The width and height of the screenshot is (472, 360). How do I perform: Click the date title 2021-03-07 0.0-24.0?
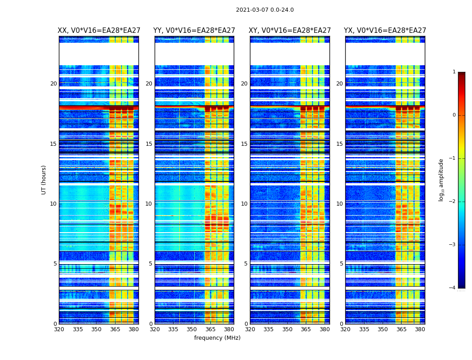(265, 10)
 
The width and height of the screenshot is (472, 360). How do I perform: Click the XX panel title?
(99, 31)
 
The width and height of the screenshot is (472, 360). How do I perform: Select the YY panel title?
(194, 31)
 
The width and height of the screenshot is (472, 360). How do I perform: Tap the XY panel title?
(290, 31)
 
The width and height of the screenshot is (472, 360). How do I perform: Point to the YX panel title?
(385, 31)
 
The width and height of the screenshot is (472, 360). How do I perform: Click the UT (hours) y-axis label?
(44, 180)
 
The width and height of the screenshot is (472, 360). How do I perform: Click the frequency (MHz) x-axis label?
(217, 338)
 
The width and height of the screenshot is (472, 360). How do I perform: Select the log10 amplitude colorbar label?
(441, 180)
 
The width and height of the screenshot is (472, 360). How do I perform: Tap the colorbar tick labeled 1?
(454, 72)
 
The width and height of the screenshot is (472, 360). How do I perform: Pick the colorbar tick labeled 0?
(454, 115)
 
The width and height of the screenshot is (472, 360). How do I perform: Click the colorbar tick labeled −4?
(453, 288)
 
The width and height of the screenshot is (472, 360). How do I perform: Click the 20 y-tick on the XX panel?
(53, 84)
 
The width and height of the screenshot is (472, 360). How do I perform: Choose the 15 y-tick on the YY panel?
(149, 144)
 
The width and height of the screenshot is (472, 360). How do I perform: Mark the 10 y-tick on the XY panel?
(244, 204)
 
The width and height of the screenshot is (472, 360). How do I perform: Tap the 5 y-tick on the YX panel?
(341, 264)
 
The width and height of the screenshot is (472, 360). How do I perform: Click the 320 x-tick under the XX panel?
(59, 329)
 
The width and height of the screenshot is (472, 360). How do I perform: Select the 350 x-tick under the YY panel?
(192, 329)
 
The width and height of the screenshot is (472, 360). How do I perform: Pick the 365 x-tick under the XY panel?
(306, 329)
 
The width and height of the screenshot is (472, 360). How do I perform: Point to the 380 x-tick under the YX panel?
(420, 329)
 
